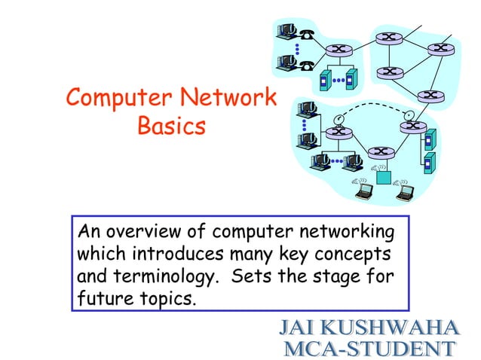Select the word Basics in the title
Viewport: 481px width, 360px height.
171,127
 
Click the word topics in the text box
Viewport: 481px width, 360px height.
167,298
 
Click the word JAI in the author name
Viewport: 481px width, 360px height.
299,328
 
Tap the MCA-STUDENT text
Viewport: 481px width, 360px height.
369,348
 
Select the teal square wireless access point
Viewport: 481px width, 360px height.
385,178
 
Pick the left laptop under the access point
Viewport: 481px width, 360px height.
363,192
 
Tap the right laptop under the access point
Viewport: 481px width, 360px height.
406,192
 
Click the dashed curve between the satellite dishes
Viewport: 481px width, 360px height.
373,105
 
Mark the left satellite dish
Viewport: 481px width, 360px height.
338,118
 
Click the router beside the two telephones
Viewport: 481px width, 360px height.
338,50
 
